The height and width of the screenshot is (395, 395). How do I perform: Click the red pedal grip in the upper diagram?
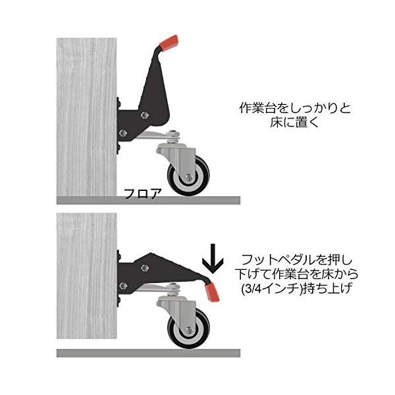(169, 43)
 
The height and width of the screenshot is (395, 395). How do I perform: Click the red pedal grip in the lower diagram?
(212, 292)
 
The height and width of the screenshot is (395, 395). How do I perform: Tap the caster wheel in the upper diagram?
(188, 176)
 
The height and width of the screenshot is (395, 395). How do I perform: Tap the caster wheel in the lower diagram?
(188, 328)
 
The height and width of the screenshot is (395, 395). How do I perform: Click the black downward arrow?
(213, 259)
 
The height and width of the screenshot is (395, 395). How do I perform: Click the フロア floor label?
(143, 194)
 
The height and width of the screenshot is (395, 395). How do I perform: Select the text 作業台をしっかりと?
(295, 109)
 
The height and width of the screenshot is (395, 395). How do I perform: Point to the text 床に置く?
(294, 122)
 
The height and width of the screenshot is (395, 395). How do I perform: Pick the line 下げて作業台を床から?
(296, 275)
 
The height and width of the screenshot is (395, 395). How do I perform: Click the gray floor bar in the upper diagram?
(148, 201)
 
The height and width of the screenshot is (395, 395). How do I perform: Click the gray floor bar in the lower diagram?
(148, 353)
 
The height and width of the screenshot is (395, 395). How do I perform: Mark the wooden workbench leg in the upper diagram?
(87, 117)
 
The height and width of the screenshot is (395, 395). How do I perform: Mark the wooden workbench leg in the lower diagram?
(87, 276)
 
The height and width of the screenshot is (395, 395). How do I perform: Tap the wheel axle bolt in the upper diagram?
(188, 178)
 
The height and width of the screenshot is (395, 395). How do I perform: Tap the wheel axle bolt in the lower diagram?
(188, 330)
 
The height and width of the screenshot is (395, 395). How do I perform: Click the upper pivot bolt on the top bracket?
(144, 115)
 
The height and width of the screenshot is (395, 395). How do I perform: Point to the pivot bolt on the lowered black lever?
(145, 268)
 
